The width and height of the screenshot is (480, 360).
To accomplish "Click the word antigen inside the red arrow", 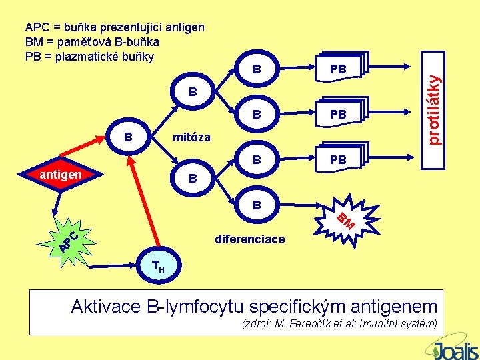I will [x=61, y=175].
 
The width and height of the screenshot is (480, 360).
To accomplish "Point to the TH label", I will [x=159, y=267].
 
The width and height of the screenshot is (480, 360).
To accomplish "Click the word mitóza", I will [x=191, y=138].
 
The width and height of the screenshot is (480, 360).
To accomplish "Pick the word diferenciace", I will [x=249, y=239].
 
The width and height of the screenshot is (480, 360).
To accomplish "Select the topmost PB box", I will [x=339, y=69].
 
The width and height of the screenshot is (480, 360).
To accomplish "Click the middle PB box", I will [x=339, y=115].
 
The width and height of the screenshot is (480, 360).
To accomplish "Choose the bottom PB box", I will [x=339, y=160].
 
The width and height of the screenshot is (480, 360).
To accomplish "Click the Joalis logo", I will [x=454, y=348].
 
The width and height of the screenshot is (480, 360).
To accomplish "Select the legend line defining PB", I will [x=89, y=55].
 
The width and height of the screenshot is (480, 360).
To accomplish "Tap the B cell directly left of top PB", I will [x=257, y=69].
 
